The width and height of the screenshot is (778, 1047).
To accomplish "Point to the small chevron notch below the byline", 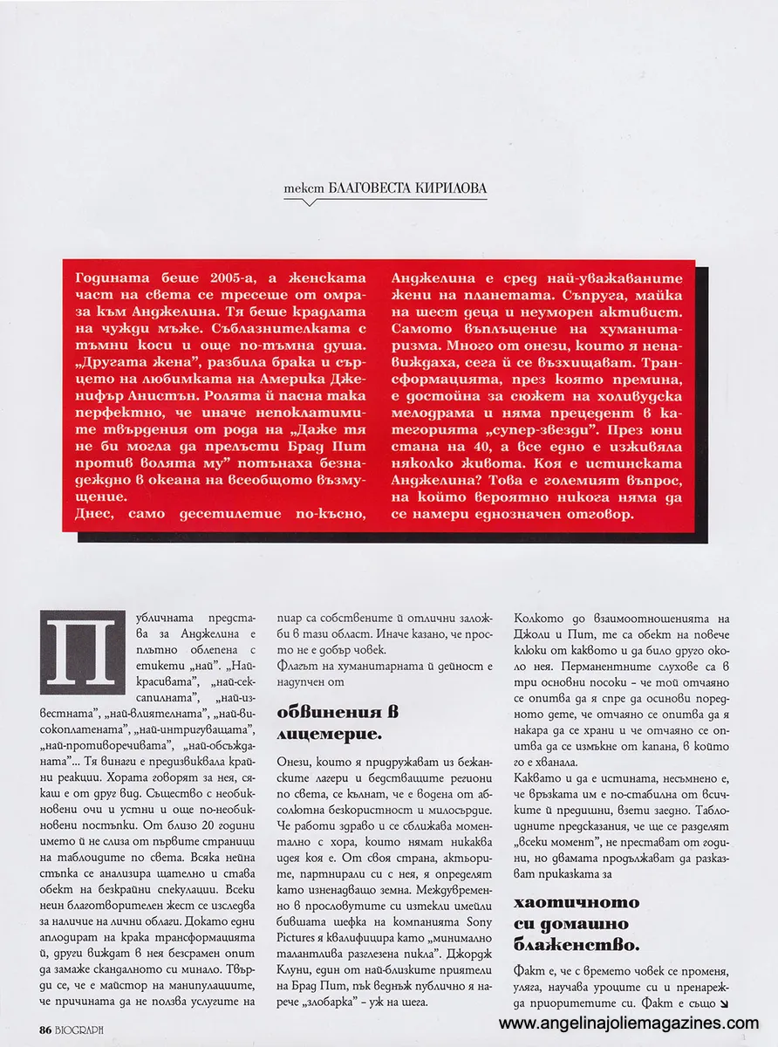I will click(311, 202).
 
